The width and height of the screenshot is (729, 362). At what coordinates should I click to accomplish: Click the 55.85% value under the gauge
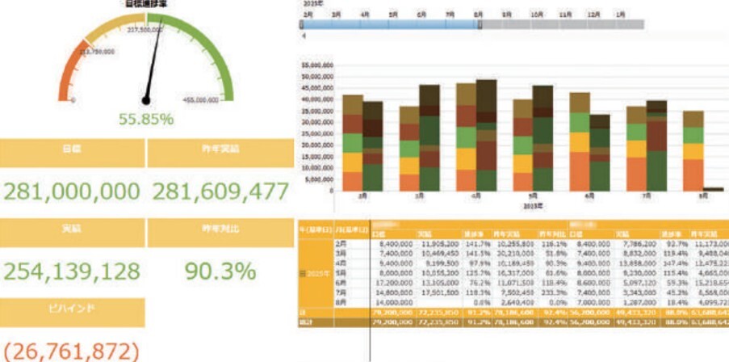coord(146,120)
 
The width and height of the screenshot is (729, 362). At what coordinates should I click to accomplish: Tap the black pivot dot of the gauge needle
coord(146,100)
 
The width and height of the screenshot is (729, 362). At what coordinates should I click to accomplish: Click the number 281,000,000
coord(73,192)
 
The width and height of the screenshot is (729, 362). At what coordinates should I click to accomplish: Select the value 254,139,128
coord(73,271)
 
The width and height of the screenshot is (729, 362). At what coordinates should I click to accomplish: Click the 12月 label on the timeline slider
coord(594,15)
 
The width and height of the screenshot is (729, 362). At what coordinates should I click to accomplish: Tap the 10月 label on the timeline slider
coord(537,15)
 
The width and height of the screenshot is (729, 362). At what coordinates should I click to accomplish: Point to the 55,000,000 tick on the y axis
coord(316,64)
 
